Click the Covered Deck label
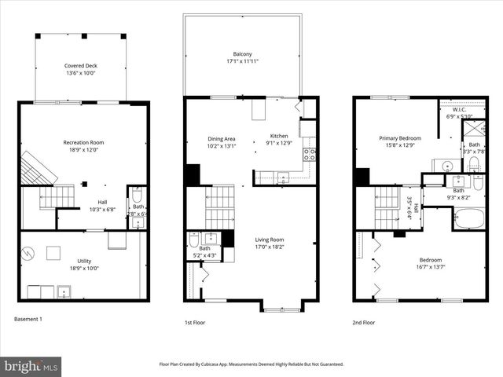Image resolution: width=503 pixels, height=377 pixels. [80, 66]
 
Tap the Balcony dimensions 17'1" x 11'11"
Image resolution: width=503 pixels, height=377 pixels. [242, 61]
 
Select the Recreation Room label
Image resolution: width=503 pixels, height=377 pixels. [84, 142]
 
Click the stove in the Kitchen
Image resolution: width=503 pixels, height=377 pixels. [310, 153]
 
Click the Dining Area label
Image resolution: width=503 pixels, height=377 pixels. [221, 137]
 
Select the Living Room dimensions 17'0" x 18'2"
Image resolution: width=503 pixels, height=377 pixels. [270, 247]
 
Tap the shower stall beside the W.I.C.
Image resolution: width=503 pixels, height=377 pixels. [473, 127]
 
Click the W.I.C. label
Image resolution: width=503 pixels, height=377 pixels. [454, 110]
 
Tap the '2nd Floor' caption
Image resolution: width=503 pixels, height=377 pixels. [364, 322]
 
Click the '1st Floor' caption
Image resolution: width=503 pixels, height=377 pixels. [196, 322]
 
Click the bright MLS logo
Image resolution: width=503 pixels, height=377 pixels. [31, 366]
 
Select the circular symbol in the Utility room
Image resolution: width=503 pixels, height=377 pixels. [28, 254]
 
